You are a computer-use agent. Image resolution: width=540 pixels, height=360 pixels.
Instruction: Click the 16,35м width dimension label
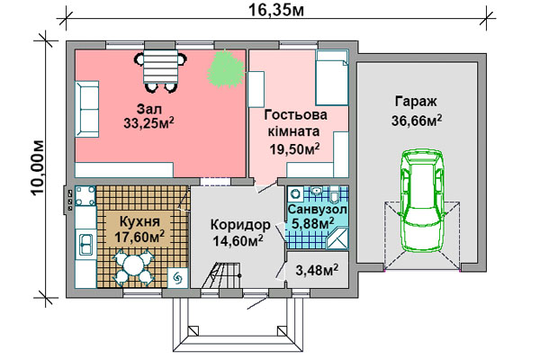click(x=276, y=10)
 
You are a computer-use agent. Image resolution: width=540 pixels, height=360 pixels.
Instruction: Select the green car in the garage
click(x=423, y=200)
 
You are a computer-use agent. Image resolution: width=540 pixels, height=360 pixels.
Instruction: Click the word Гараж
click(x=416, y=102)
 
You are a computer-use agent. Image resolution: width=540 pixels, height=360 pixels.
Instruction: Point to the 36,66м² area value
click(x=417, y=121)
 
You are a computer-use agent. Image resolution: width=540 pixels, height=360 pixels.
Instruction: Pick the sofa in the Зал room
click(x=86, y=109)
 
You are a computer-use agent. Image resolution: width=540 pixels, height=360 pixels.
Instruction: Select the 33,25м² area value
click(x=148, y=123)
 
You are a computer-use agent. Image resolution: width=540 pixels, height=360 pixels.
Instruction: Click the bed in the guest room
click(x=332, y=77)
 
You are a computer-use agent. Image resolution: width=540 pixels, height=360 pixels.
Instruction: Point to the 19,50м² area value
click(x=294, y=149)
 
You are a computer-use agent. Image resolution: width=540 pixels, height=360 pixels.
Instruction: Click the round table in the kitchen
click(x=133, y=266)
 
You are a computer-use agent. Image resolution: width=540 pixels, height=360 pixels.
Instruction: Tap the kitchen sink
click(x=85, y=245)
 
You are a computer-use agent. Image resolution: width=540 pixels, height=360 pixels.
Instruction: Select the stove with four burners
click(x=85, y=195)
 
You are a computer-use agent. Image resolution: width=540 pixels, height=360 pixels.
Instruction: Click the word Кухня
click(x=139, y=221)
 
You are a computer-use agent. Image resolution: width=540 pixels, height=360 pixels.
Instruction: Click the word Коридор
click(x=240, y=225)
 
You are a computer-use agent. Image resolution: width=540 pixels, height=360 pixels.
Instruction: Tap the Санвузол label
click(x=317, y=209)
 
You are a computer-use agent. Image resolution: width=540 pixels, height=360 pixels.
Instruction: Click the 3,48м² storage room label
click(x=317, y=270)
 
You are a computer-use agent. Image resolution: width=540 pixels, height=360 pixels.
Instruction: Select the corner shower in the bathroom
click(x=337, y=238)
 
